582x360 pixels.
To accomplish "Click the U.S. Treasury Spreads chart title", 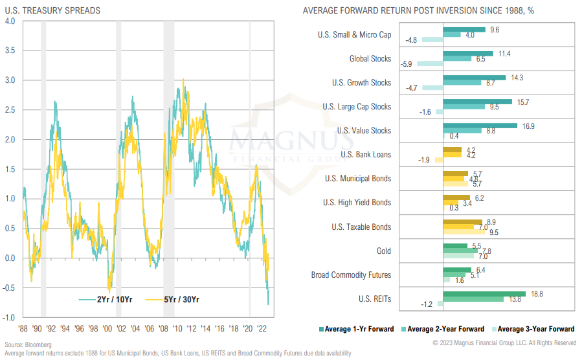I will pos(49,10).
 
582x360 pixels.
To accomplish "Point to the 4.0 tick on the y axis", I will pos(10,21).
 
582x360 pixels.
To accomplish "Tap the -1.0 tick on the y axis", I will pos(8,317).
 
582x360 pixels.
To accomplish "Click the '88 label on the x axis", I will pos(23,328).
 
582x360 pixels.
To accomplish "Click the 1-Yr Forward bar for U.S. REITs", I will pos(484,293).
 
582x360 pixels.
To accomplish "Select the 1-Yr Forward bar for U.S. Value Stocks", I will pos(480,126).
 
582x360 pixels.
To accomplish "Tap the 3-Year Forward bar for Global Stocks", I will pos(430,64).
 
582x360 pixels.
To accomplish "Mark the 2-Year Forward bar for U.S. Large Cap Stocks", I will pos(464,107).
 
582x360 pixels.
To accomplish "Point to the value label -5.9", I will pos(407,64).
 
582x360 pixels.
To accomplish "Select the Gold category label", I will pos(383,251).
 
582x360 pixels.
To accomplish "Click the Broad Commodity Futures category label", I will pos(351,275).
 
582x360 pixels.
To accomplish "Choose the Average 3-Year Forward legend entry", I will pos(536,328).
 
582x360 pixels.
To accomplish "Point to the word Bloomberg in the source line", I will pos(39,344).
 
